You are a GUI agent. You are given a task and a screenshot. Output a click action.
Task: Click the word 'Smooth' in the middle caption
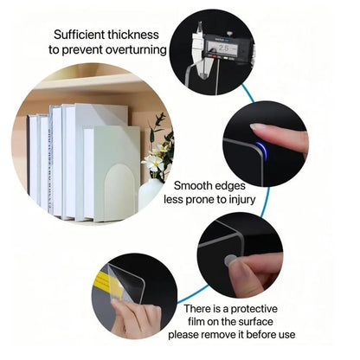click(197, 185)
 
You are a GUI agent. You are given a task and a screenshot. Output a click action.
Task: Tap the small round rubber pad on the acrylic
click(230, 259)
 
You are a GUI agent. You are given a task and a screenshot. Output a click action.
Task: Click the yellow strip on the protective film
click(108, 286)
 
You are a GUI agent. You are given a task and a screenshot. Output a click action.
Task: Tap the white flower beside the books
click(154, 163)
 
